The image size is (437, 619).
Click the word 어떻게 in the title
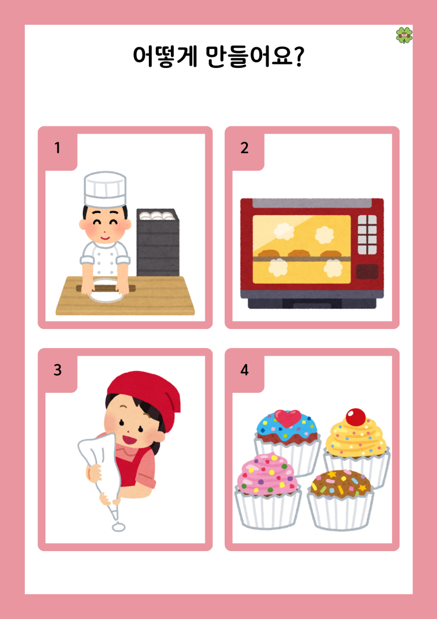(164, 56)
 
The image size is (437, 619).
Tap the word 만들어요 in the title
(250, 56)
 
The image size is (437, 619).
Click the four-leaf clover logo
(404, 35)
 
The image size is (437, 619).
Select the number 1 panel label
(57, 148)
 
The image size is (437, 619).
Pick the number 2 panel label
(244, 148)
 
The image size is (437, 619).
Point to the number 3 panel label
(57, 370)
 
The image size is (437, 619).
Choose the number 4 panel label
(244, 370)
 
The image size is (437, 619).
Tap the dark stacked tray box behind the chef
(158, 242)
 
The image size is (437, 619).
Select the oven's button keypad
(367, 234)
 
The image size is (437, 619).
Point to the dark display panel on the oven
(367, 272)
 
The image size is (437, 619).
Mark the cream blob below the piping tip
(118, 526)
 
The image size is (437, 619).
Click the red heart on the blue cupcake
(287, 418)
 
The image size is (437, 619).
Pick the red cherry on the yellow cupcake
(356, 417)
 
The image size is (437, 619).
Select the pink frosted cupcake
(268, 491)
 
